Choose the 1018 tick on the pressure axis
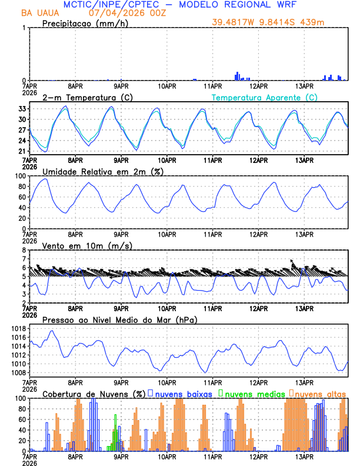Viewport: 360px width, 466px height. click(x=16, y=328)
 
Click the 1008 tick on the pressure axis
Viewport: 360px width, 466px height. click(x=16, y=372)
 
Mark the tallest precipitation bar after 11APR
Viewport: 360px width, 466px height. click(x=237, y=76)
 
